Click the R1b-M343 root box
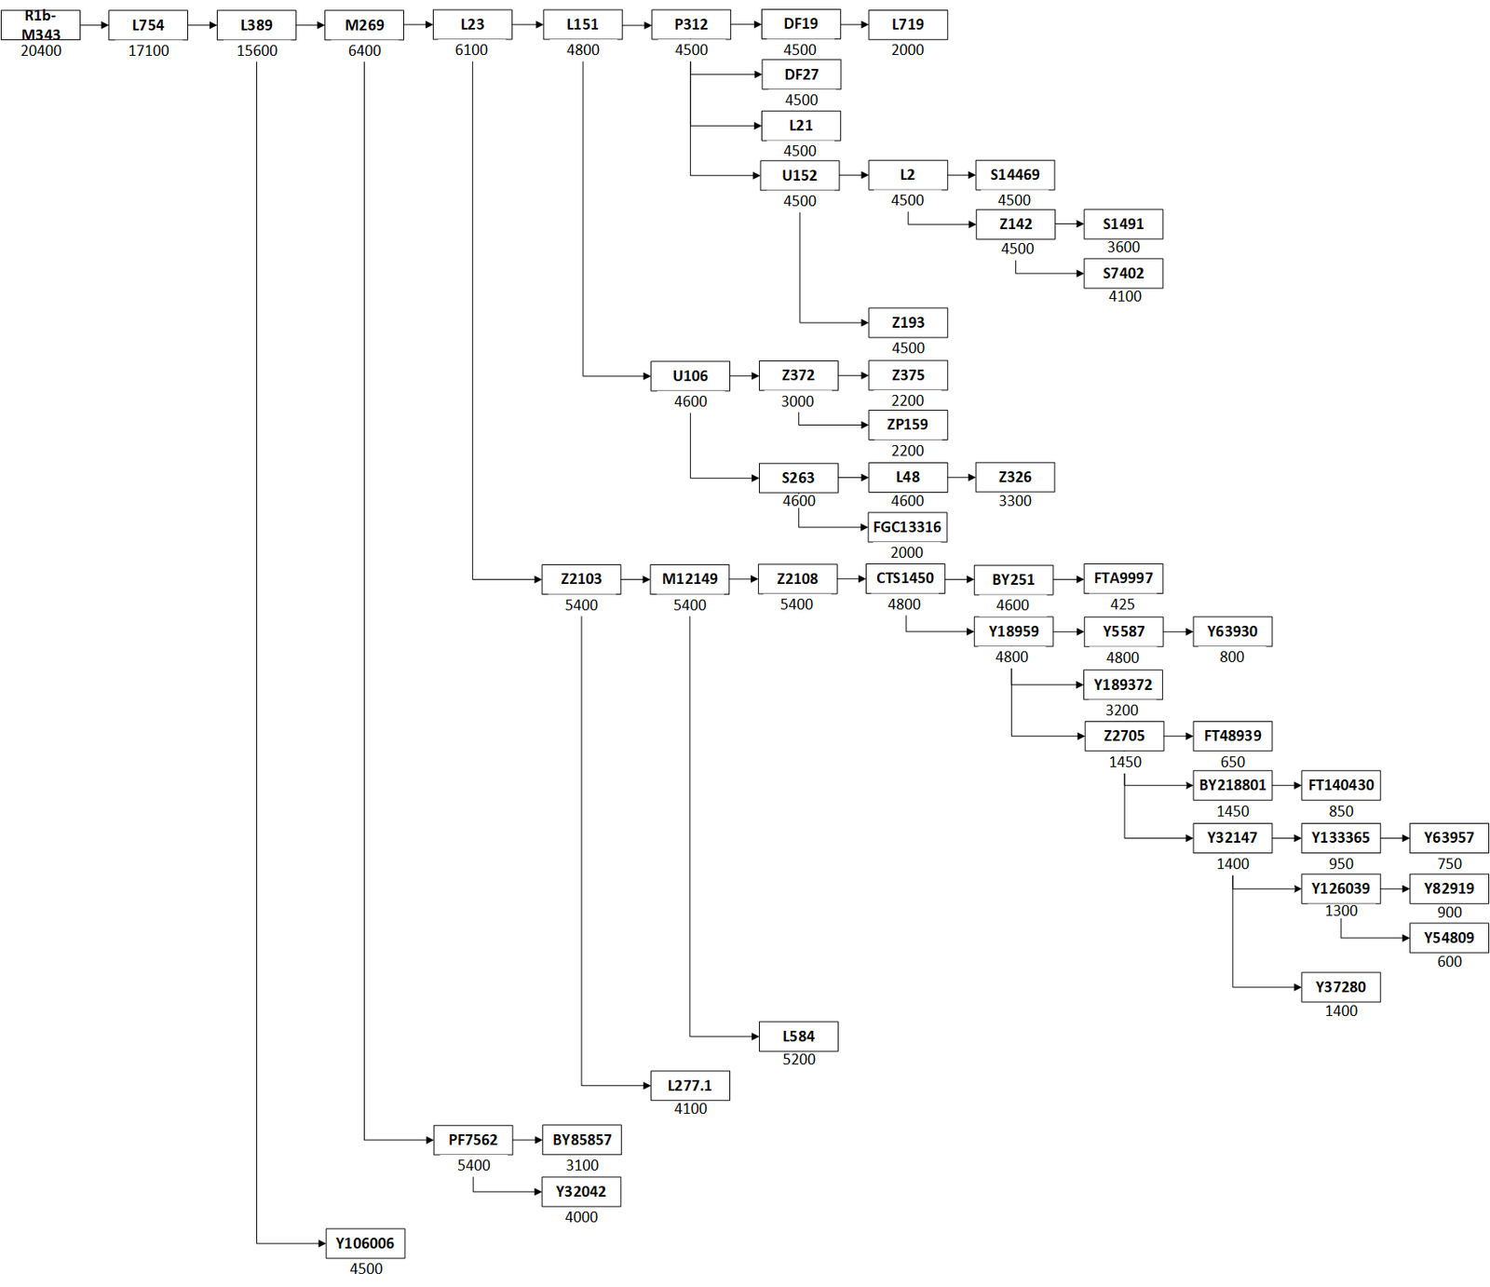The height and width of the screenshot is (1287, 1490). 40,25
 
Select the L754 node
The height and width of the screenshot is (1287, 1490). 148,25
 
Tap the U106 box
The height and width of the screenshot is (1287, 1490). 690,376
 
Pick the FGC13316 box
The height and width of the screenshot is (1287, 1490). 907,527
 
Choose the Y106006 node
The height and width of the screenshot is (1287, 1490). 365,1243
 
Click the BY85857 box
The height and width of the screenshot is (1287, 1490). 582,1140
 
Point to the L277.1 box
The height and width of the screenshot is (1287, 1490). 690,1086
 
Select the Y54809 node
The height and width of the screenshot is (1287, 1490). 1449,938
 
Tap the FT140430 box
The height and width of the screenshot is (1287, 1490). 1341,785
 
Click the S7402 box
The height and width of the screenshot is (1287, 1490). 1123,274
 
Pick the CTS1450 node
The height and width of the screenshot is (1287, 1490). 905,578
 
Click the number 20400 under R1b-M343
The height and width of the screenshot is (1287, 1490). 41,51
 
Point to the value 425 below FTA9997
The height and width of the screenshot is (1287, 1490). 1123,604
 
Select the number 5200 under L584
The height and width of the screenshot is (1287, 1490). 799,1060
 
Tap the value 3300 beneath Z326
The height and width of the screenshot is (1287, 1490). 1015,501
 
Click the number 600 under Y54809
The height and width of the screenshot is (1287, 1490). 1450,962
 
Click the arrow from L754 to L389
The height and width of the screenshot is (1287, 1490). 202,25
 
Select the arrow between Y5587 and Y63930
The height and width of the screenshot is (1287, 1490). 1178,631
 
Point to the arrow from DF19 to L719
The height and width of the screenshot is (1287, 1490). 854,25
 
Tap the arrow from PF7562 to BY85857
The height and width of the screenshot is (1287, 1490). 527,1140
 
